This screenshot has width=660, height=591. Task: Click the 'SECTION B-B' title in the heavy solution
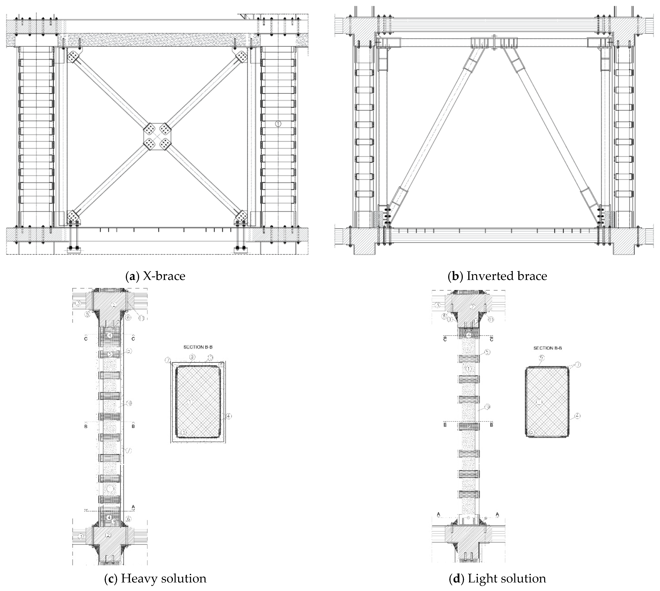pos(198,347)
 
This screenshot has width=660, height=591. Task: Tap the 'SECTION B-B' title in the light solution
pos(548,348)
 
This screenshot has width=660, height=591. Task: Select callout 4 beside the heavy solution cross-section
pos(229,416)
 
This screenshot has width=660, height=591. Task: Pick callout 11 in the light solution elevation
pos(491,319)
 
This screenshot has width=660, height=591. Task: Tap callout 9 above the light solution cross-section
pos(542,358)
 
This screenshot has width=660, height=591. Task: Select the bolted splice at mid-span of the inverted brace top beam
pos(494,42)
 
